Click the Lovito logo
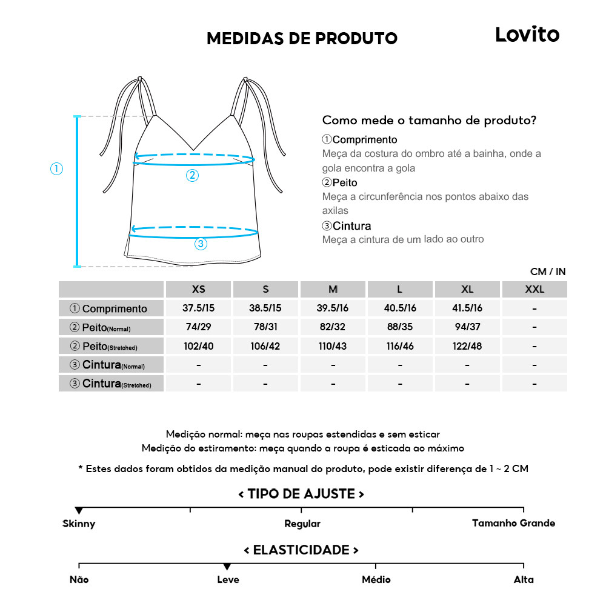527,35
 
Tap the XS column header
198,290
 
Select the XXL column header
534,290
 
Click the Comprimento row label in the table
112,308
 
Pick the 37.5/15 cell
198,308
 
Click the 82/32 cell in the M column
333,327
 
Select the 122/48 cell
467,346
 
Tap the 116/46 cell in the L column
400,346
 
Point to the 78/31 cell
265,327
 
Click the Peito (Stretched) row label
112,347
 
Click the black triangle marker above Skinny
79,511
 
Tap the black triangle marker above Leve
227,567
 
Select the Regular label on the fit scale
302,524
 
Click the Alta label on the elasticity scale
524,580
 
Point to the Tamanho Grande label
513,523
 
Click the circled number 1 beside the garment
56,169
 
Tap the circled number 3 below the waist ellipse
201,244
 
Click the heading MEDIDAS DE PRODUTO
302,38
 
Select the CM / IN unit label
548,272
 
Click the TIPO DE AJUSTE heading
301,494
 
